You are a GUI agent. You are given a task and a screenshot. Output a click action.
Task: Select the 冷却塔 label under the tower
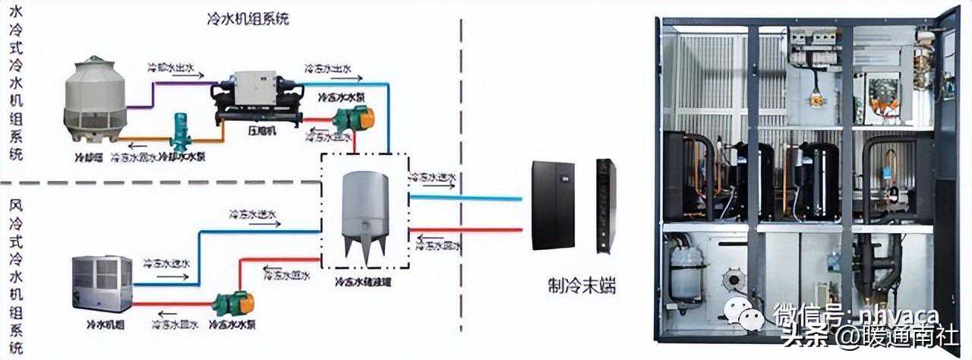[88, 158]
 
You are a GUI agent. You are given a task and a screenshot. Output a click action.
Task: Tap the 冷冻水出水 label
[328, 68]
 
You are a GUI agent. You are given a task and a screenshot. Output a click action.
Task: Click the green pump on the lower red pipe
[232, 304]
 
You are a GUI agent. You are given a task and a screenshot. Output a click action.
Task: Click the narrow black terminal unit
[605, 204]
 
